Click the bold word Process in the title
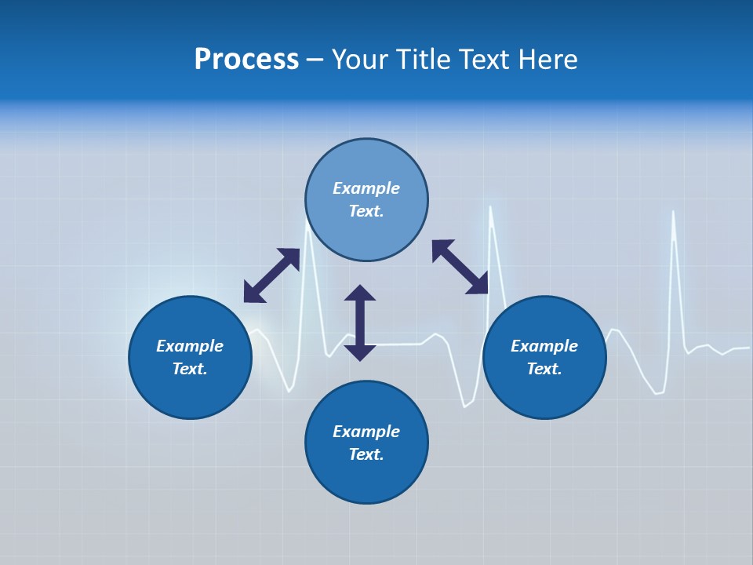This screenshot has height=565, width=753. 246,60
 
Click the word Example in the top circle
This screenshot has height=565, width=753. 366,188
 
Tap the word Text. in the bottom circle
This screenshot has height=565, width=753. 366,454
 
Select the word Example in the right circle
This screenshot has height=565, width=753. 544,346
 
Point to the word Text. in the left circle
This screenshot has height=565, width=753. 190,369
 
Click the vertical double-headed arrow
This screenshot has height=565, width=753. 360,323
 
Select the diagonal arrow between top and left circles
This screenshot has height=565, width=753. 271,275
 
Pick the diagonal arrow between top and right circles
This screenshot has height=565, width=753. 460,268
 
